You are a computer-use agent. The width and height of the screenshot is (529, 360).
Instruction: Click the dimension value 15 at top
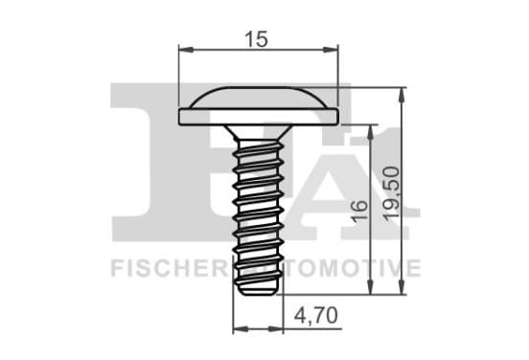(257, 39)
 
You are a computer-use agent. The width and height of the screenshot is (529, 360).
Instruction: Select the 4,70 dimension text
(316, 316)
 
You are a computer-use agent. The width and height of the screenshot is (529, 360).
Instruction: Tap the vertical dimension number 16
(359, 212)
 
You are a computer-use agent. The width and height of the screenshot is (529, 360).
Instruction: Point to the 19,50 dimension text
(391, 193)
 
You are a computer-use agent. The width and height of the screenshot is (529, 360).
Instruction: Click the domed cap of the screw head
(258, 98)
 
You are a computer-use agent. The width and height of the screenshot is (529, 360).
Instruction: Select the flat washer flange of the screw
(258, 117)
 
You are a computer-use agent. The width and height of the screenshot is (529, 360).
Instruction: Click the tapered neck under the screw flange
(258, 132)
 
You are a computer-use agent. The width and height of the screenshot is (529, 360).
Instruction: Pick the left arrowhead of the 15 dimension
(186, 50)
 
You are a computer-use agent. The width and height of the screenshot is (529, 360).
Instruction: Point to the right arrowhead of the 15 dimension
(331, 50)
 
